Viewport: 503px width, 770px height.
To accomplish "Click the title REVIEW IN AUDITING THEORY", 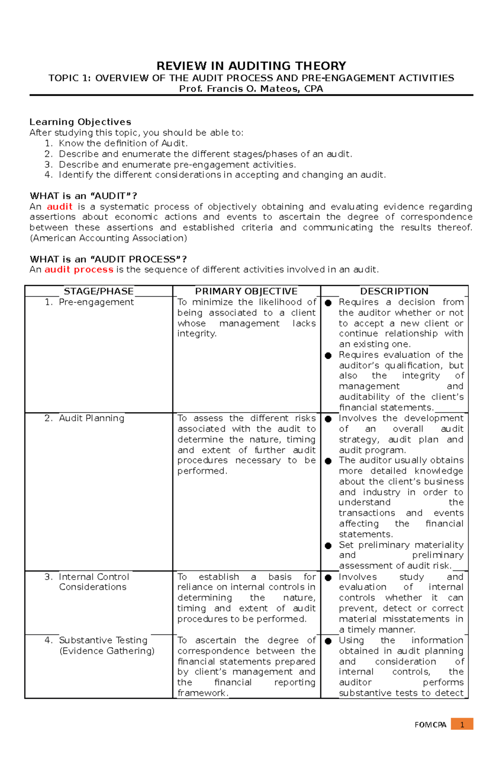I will (x=251, y=66).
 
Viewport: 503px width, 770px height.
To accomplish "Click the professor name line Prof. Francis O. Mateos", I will (x=251, y=89).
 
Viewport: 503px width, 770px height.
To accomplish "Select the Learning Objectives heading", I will (x=80, y=122).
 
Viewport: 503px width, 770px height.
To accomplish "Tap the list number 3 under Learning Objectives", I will (x=48, y=164).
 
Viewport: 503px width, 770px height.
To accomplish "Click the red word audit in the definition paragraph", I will (x=60, y=206).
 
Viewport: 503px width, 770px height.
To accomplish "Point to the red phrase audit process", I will (x=79, y=269).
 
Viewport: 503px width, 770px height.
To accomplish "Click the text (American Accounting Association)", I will (x=108, y=238).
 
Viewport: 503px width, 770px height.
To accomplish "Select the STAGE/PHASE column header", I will (x=99, y=291).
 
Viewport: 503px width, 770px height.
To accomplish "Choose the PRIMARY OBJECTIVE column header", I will (x=246, y=291).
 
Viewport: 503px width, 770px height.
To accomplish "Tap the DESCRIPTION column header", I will (x=394, y=291).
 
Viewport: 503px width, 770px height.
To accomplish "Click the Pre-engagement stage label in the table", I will (x=96, y=302).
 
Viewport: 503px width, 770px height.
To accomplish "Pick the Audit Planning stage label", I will (x=91, y=418).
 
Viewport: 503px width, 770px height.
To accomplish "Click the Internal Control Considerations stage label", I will (x=93, y=582).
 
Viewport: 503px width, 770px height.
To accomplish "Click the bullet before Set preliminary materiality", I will (x=328, y=546).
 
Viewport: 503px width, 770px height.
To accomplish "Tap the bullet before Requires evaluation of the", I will (x=328, y=355).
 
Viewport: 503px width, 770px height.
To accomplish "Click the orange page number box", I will (x=462, y=724).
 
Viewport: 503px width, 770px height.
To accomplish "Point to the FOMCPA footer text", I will (x=430, y=725).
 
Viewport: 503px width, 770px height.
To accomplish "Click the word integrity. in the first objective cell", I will (x=197, y=334).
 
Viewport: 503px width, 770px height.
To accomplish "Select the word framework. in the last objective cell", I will (x=203, y=693).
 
